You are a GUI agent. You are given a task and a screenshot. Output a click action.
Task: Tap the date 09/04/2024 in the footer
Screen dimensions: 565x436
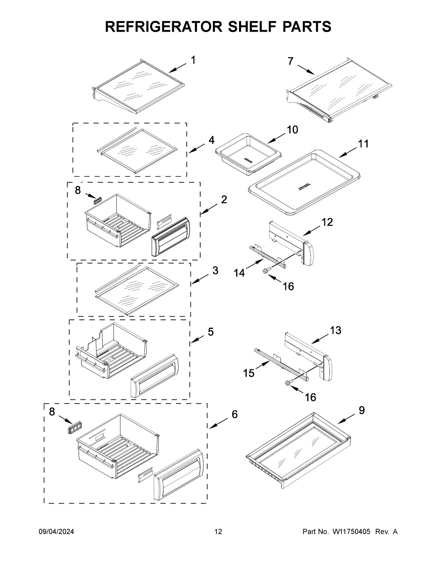(x=56, y=532)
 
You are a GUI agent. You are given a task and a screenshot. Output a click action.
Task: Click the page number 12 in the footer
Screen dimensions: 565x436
(x=218, y=532)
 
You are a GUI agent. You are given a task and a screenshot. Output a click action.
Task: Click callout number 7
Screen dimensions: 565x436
(x=290, y=61)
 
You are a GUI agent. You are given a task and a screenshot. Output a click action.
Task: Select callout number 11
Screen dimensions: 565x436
(x=363, y=144)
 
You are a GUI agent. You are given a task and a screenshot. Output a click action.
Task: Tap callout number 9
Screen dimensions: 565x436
(x=362, y=410)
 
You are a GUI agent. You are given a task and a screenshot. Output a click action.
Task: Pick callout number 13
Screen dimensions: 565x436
(x=336, y=330)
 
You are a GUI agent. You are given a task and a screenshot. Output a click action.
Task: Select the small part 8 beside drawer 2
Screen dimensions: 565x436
(x=97, y=200)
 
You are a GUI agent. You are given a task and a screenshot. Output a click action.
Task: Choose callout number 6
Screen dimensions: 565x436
(x=235, y=414)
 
